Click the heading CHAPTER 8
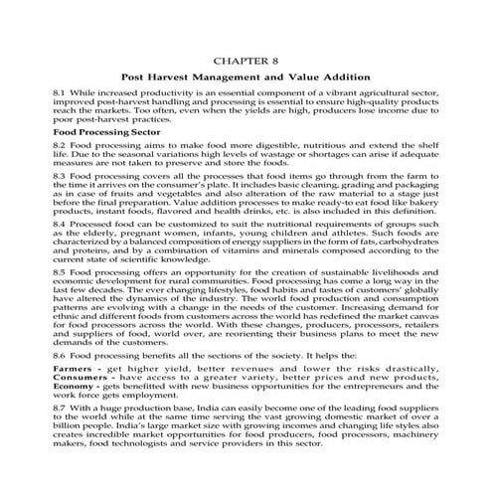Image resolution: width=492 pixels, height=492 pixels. click(246, 59)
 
